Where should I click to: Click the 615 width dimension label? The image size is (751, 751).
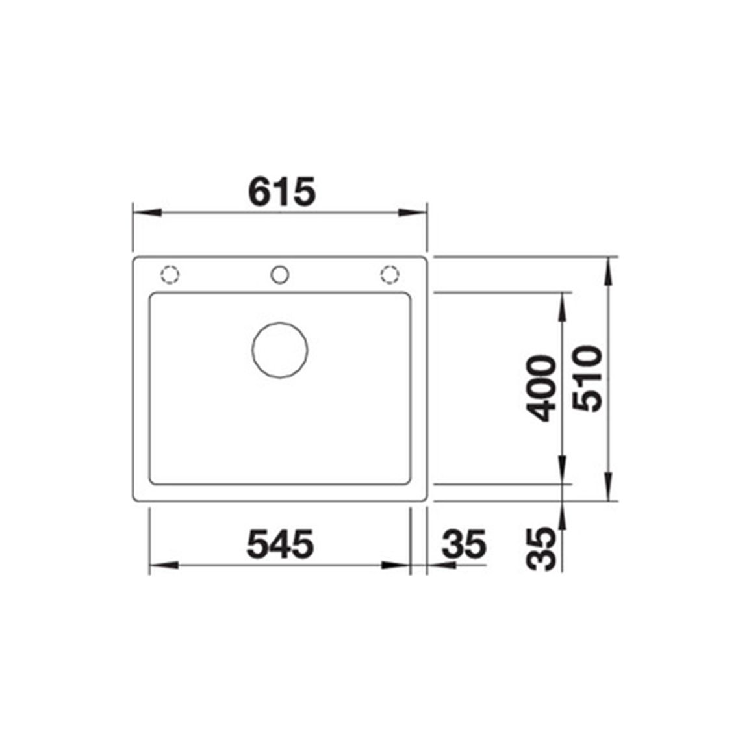pyautogui.click(x=282, y=191)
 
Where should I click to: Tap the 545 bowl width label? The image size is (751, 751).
pyautogui.click(x=280, y=544)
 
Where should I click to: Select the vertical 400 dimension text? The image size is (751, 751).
pyautogui.click(x=541, y=388)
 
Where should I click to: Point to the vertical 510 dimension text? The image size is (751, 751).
pyautogui.click(x=588, y=378)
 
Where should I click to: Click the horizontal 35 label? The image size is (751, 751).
pyautogui.click(x=464, y=544)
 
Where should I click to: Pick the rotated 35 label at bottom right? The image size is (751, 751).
pyautogui.click(x=541, y=548)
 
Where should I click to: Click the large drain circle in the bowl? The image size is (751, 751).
pyautogui.click(x=280, y=350)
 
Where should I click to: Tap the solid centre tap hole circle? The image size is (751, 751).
pyautogui.click(x=280, y=275)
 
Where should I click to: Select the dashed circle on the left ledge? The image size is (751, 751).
pyautogui.click(x=170, y=275)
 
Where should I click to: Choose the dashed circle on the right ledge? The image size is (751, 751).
pyautogui.click(x=390, y=275)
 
